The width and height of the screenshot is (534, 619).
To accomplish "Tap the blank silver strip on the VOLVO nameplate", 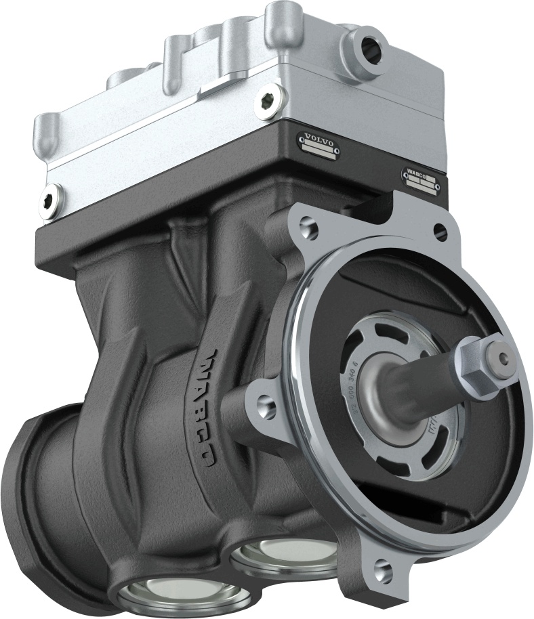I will tap(321, 155).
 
